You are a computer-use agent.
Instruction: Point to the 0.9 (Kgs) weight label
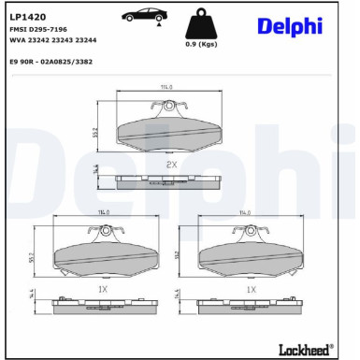tap(202, 44)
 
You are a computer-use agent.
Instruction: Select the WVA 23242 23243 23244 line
tap(53, 41)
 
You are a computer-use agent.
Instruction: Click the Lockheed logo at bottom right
tap(306, 349)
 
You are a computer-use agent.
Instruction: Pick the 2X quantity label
tap(171, 164)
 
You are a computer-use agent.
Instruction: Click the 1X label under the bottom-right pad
tap(251, 290)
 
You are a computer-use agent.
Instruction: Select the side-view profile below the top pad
tap(169, 180)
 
